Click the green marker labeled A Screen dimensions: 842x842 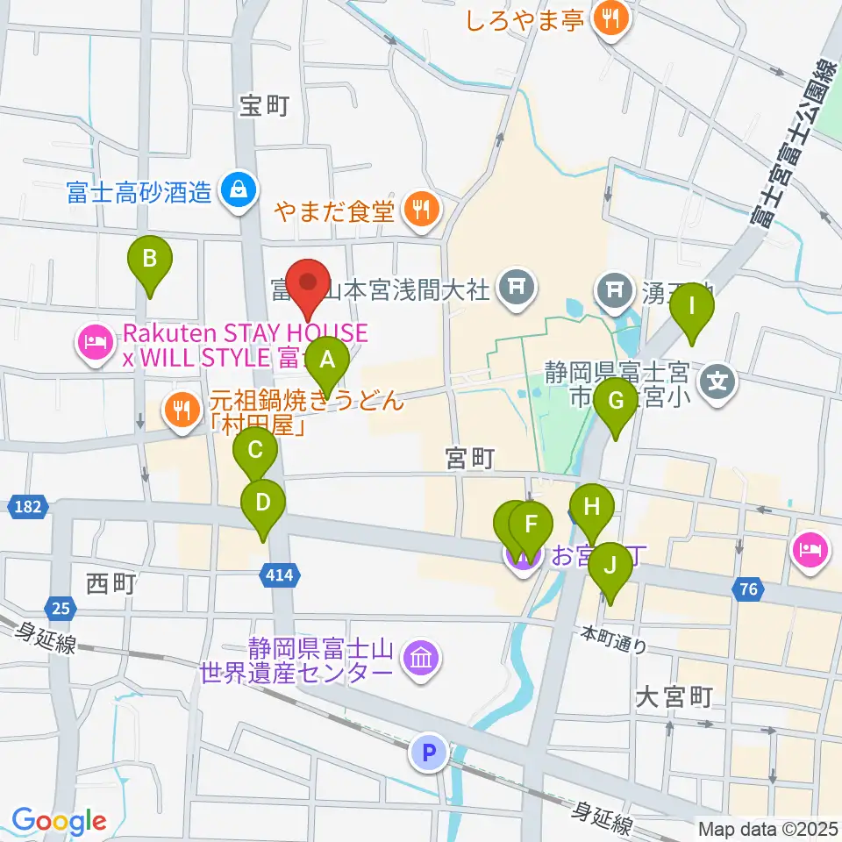pos(327,360)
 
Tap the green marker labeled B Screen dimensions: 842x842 pos(150,260)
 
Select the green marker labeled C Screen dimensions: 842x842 pos(255,453)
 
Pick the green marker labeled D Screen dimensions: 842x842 pos(262,503)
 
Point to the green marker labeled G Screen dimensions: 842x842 pos(615,402)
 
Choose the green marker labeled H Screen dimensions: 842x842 pos(592,507)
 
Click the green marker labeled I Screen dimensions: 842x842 pos(692,308)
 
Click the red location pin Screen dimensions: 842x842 pos(309,282)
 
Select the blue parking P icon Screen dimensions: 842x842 pos(429,752)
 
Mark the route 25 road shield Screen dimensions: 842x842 pos(57,607)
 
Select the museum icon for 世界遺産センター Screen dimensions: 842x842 pos(420,659)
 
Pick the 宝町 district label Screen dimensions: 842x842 pos(264,106)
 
